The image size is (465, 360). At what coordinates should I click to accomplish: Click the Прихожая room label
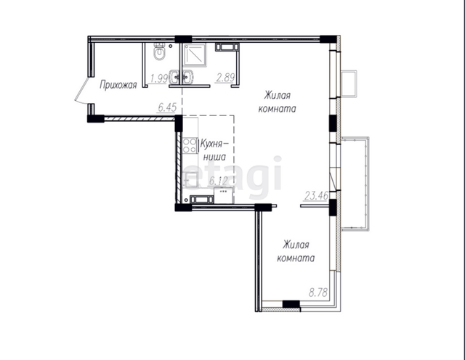click(118, 85)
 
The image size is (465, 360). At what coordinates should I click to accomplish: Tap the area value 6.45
click(167, 107)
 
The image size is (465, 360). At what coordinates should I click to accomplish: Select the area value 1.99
click(159, 78)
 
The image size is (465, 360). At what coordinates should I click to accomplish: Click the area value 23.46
click(317, 196)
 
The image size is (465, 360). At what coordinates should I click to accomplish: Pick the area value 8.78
click(318, 292)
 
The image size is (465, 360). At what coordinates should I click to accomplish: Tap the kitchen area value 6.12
click(218, 181)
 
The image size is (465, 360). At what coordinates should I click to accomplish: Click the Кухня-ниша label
click(214, 150)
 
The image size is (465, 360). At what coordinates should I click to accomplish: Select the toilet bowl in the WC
click(160, 52)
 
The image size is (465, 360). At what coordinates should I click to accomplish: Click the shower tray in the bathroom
click(195, 56)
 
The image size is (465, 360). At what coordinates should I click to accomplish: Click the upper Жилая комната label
click(277, 102)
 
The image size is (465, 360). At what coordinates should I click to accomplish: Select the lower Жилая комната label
click(296, 252)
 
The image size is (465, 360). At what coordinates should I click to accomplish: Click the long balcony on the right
click(355, 184)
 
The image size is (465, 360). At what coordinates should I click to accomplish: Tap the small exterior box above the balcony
click(349, 83)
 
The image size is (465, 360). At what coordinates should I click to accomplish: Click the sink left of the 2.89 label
click(188, 77)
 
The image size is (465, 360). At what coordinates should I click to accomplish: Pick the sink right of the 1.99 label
click(174, 77)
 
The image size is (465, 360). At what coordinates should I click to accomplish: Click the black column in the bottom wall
click(291, 304)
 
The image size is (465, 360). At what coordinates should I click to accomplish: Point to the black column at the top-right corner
click(328, 39)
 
